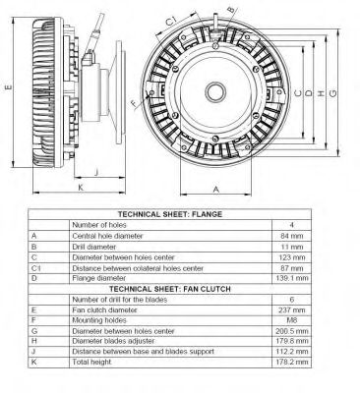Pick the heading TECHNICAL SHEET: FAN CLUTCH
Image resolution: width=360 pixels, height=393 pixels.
click(182, 290)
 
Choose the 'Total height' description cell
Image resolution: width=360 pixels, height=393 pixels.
click(93, 361)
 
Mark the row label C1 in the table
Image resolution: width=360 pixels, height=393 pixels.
click(36, 268)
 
